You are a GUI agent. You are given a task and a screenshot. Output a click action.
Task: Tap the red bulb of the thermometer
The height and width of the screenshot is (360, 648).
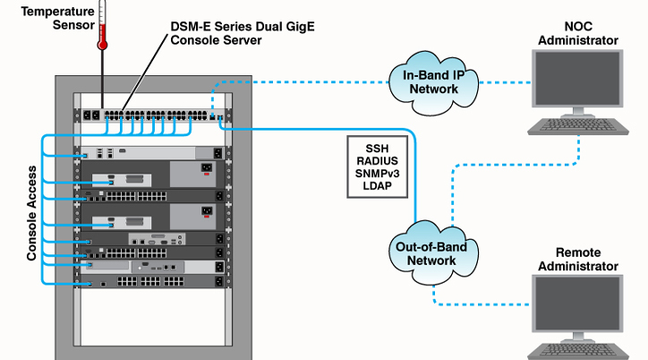[103, 41]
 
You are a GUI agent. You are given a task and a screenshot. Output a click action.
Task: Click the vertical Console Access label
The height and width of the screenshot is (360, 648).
[31, 213]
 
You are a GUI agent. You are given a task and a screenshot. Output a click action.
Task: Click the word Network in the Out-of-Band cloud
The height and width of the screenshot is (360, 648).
[428, 261]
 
